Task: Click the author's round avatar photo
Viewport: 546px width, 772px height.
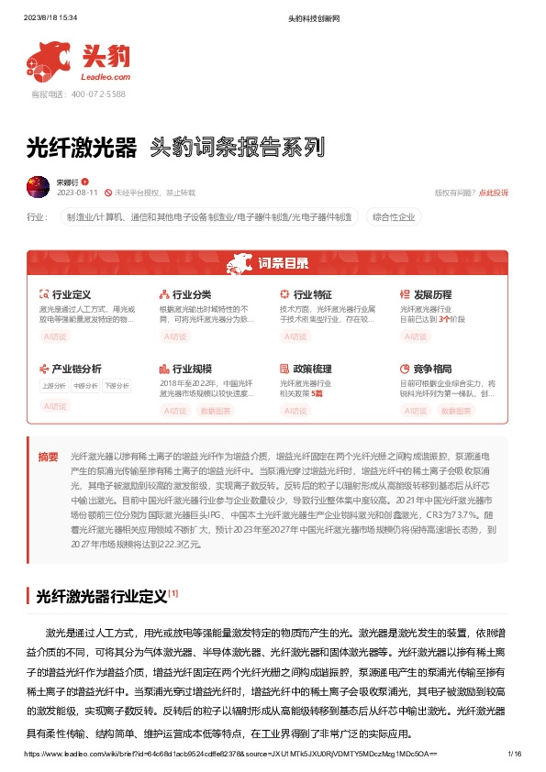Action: (x=38, y=186)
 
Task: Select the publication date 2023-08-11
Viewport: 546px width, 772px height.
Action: (x=77, y=193)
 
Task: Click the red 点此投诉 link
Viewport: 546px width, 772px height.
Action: (x=493, y=193)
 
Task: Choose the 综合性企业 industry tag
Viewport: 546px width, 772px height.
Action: (x=394, y=217)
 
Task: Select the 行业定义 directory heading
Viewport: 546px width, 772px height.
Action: (x=71, y=294)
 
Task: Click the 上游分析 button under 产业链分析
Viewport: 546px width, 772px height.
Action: (x=54, y=385)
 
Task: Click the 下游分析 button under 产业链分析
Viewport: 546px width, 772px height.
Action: (x=117, y=385)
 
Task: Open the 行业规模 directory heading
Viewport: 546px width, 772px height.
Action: (x=191, y=368)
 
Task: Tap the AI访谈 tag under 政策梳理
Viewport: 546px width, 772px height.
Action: (x=296, y=411)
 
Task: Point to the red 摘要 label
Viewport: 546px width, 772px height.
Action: (x=48, y=456)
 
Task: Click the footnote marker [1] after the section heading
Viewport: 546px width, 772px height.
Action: (x=173, y=593)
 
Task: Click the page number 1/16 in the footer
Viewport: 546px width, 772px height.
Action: (x=514, y=753)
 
